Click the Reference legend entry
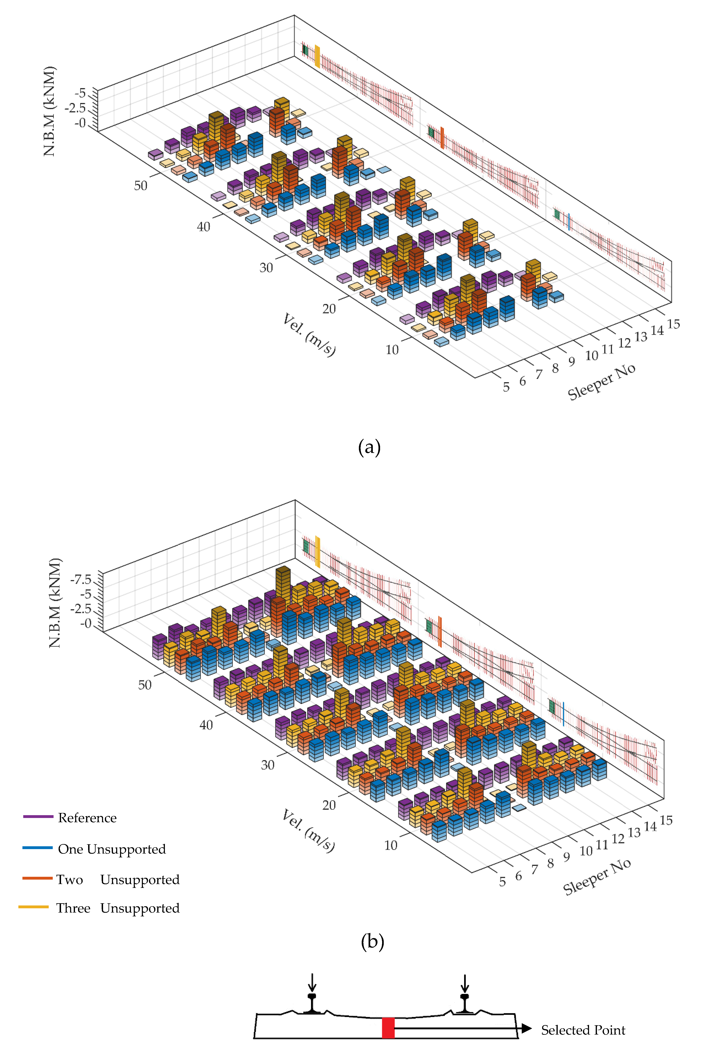87,818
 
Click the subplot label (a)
369,447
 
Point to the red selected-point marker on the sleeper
388,1028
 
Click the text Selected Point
583,1030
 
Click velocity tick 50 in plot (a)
141,185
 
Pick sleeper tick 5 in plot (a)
506,387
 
